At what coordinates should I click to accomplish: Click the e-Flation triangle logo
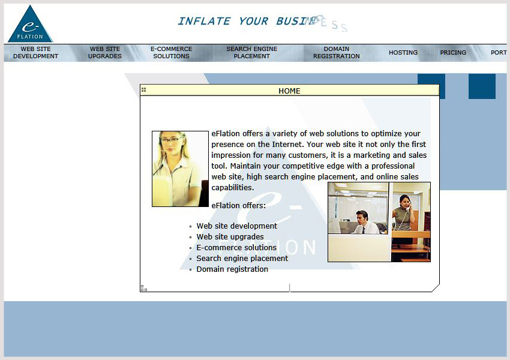click(30, 26)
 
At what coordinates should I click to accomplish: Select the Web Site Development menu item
click(35, 53)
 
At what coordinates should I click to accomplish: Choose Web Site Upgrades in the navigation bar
click(105, 53)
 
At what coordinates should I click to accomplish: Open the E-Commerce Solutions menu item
click(171, 53)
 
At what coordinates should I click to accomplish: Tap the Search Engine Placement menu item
click(252, 53)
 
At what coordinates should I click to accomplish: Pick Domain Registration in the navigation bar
click(337, 53)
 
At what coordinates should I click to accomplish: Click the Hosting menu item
click(403, 53)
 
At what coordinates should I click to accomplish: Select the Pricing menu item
click(453, 53)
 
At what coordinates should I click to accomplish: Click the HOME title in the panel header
click(289, 91)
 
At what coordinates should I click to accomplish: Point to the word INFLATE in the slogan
click(204, 22)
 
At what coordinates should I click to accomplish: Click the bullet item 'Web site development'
click(236, 226)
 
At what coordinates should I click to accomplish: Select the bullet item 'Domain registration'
click(232, 269)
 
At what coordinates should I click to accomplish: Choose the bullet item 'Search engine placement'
click(242, 259)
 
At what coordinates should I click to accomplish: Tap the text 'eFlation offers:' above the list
click(238, 206)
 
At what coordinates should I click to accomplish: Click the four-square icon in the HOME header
click(144, 90)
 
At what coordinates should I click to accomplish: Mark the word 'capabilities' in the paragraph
click(232, 188)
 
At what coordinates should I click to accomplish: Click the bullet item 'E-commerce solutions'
click(236, 247)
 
